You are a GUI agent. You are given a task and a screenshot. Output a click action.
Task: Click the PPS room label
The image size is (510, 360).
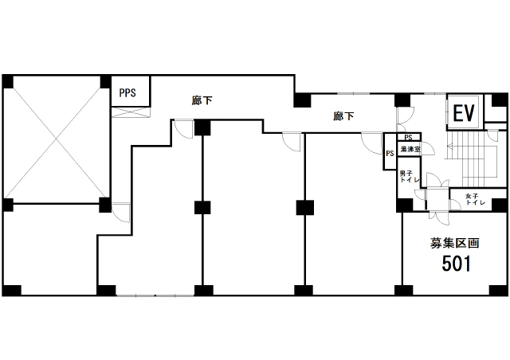(x=127, y=93)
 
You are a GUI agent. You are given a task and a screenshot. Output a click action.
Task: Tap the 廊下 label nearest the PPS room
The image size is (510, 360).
(x=202, y=100)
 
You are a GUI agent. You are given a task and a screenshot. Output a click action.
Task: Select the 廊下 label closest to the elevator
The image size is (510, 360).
(x=343, y=116)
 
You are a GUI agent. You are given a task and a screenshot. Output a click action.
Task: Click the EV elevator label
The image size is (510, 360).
(x=464, y=113)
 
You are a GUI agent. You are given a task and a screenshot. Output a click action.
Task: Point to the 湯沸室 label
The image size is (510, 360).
(x=410, y=150)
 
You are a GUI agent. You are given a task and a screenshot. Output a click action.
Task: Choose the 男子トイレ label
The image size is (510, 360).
(x=409, y=177)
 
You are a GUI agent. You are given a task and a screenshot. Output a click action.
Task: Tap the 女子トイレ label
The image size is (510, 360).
(x=476, y=199)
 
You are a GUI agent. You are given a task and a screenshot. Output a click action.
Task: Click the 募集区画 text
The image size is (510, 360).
(x=454, y=243)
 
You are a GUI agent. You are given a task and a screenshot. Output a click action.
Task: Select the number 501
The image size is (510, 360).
(x=456, y=264)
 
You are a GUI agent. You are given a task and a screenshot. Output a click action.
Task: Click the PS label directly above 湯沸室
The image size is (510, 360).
(x=408, y=138)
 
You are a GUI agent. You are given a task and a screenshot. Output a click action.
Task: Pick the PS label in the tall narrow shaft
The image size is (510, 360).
(x=390, y=153)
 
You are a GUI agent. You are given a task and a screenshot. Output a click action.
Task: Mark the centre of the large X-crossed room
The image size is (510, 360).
(x=57, y=139)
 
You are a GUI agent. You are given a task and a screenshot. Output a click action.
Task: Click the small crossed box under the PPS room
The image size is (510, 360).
(x=131, y=112)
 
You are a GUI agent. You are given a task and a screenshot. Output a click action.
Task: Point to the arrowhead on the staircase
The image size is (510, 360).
(x=450, y=146)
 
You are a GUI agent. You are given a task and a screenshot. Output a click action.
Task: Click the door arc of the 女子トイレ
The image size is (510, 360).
(x=455, y=204)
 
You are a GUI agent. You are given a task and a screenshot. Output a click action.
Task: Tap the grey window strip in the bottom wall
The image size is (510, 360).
(x=155, y=295)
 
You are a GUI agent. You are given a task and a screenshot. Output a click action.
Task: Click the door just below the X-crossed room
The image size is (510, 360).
(x=121, y=213)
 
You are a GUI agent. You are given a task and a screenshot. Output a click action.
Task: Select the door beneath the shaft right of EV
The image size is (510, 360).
(x=492, y=136)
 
